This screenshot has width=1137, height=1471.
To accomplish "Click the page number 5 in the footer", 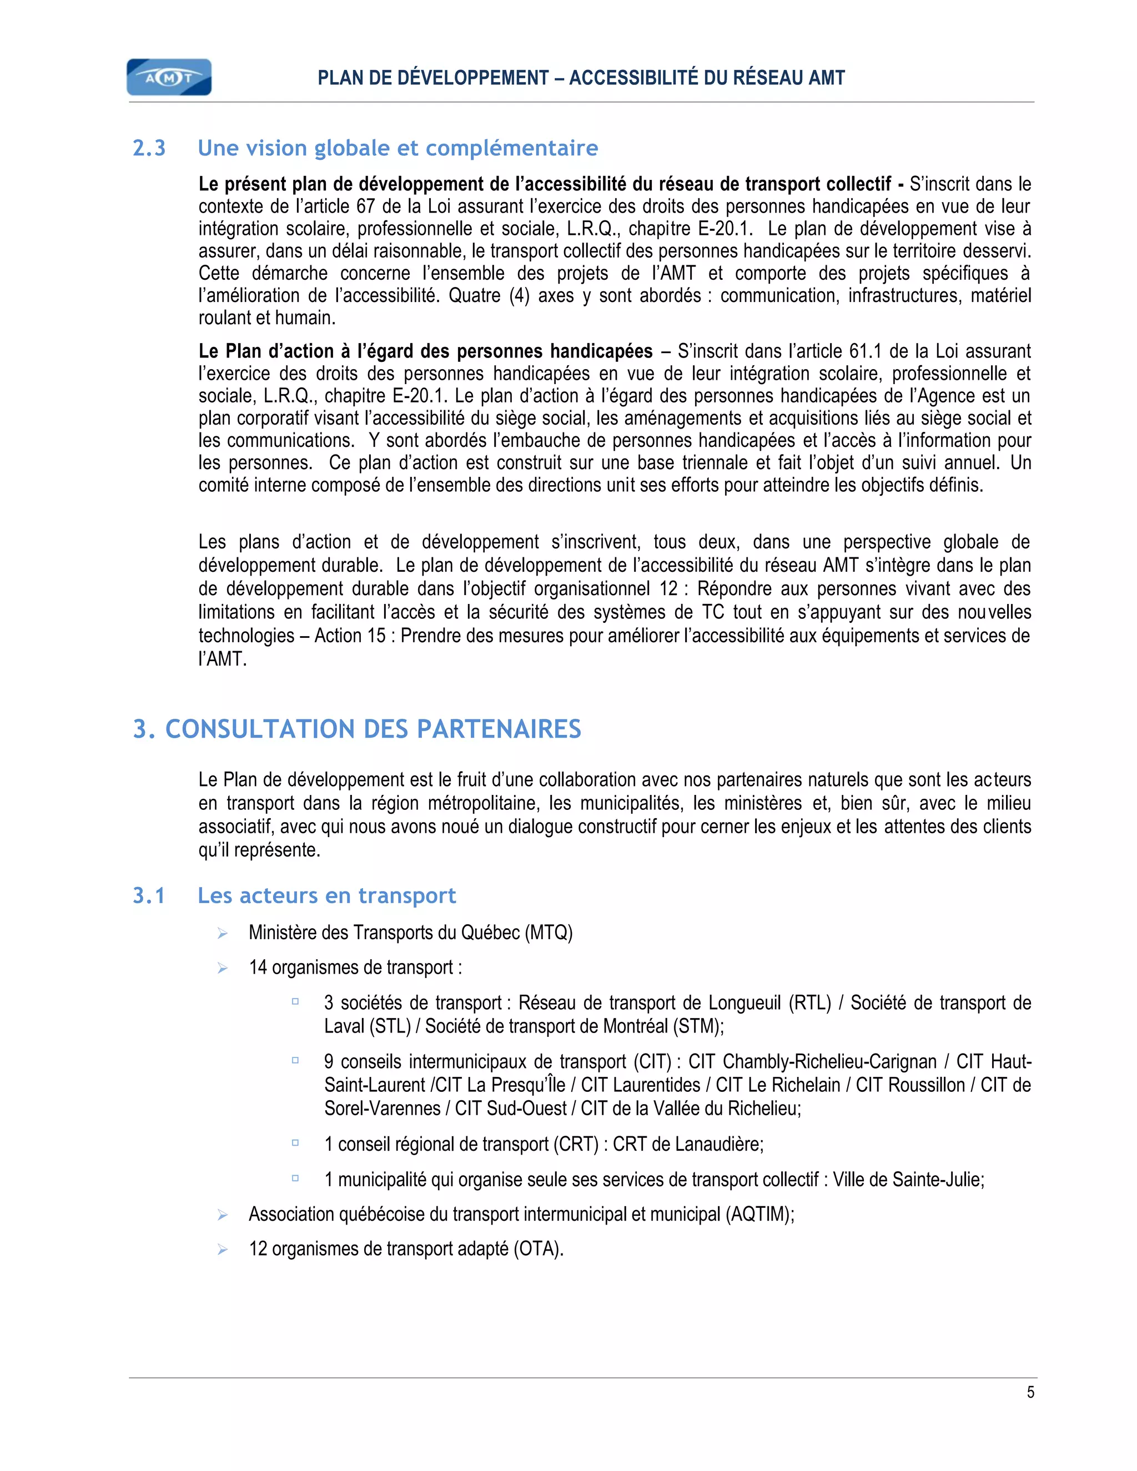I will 1030,1392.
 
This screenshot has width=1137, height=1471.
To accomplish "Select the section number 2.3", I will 149,148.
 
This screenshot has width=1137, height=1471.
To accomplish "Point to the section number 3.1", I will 149,896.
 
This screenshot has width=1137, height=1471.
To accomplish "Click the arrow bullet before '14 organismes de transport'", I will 222,968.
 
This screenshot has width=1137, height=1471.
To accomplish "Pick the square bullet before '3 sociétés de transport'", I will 295,1001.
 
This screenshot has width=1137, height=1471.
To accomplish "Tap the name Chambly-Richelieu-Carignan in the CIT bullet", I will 829,1061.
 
